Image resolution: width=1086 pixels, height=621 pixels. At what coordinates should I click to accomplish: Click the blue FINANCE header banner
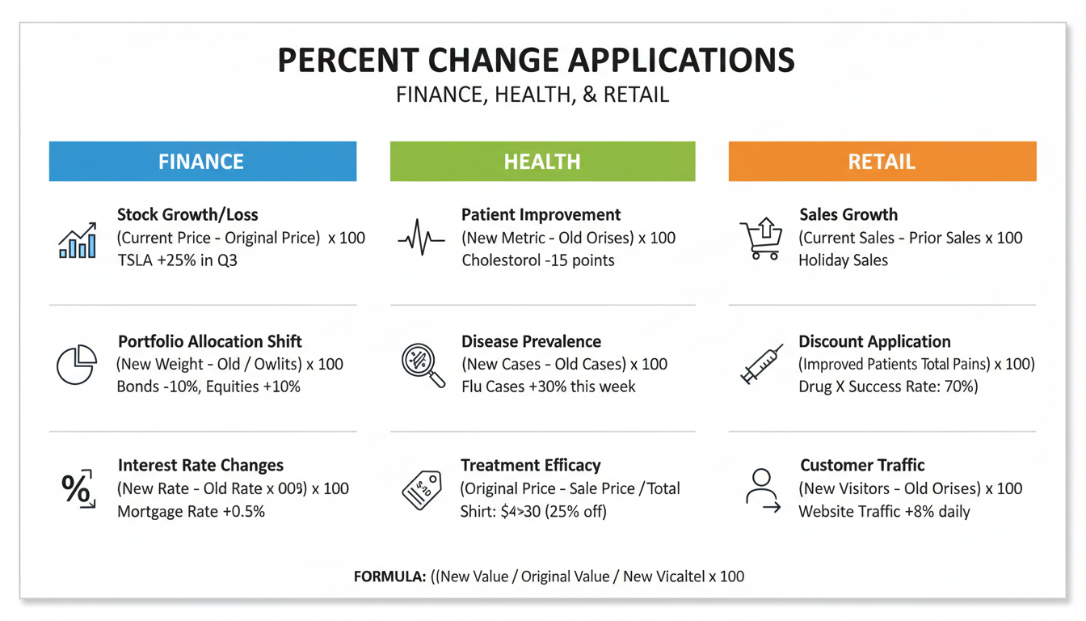tap(202, 161)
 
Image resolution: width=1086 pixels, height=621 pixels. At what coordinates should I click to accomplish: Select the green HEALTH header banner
tap(542, 161)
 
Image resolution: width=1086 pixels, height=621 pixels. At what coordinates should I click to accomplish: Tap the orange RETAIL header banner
tap(882, 161)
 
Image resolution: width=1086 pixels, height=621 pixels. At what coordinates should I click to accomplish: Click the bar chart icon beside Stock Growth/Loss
tap(78, 240)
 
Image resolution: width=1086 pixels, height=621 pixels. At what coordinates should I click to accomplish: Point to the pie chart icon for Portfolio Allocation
tap(77, 364)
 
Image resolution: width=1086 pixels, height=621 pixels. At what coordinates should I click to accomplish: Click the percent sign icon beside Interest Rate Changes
tap(78, 488)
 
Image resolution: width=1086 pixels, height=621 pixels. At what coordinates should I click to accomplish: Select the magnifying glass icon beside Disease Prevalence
tap(423, 365)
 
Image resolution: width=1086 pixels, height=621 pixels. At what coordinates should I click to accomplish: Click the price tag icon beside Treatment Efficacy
tap(422, 488)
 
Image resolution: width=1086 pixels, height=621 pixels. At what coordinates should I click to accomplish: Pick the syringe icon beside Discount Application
tap(761, 364)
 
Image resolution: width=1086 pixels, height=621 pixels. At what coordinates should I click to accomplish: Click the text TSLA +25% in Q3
tap(177, 260)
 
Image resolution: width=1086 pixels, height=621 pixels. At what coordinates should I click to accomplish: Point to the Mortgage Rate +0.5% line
tap(191, 511)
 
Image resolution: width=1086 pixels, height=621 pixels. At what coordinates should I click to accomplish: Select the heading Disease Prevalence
tap(531, 341)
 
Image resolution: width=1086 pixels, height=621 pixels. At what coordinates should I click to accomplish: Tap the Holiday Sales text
tap(843, 260)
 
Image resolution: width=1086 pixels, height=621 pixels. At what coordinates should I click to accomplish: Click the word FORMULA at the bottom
tap(389, 577)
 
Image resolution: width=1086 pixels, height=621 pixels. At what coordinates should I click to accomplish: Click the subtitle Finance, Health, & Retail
tap(532, 95)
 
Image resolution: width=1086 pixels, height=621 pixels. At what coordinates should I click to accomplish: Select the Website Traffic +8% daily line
tap(884, 511)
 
